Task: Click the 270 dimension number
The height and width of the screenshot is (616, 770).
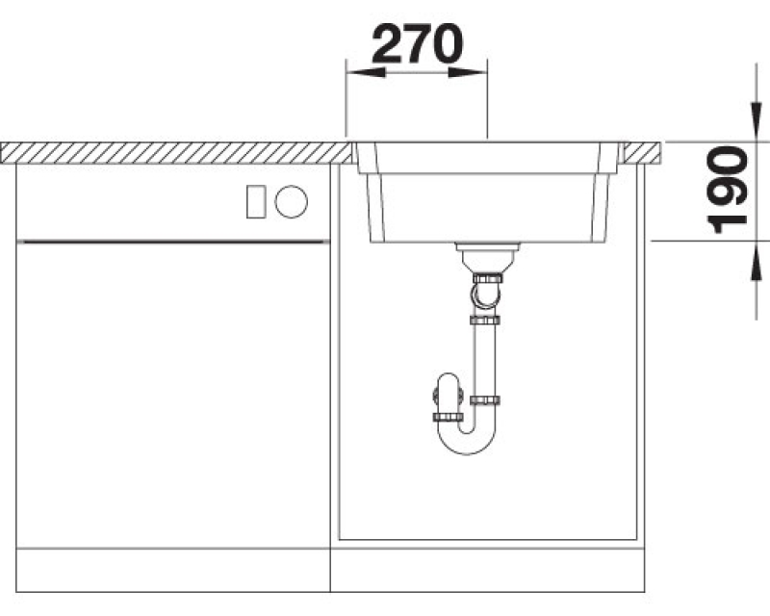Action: [418, 43]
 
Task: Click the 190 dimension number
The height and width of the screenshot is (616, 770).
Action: [728, 190]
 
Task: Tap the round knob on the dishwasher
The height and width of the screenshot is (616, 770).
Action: [292, 201]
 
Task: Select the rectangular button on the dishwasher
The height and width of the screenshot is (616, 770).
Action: [256, 201]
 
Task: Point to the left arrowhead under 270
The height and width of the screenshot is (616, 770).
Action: [366, 73]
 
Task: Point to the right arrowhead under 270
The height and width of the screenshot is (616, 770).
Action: [468, 73]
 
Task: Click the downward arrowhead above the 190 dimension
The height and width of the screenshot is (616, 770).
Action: [757, 121]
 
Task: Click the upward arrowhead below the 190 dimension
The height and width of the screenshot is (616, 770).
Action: [757, 261]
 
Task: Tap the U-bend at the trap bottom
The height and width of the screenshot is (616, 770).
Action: [467, 439]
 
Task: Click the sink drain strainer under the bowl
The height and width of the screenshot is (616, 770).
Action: [486, 256]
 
